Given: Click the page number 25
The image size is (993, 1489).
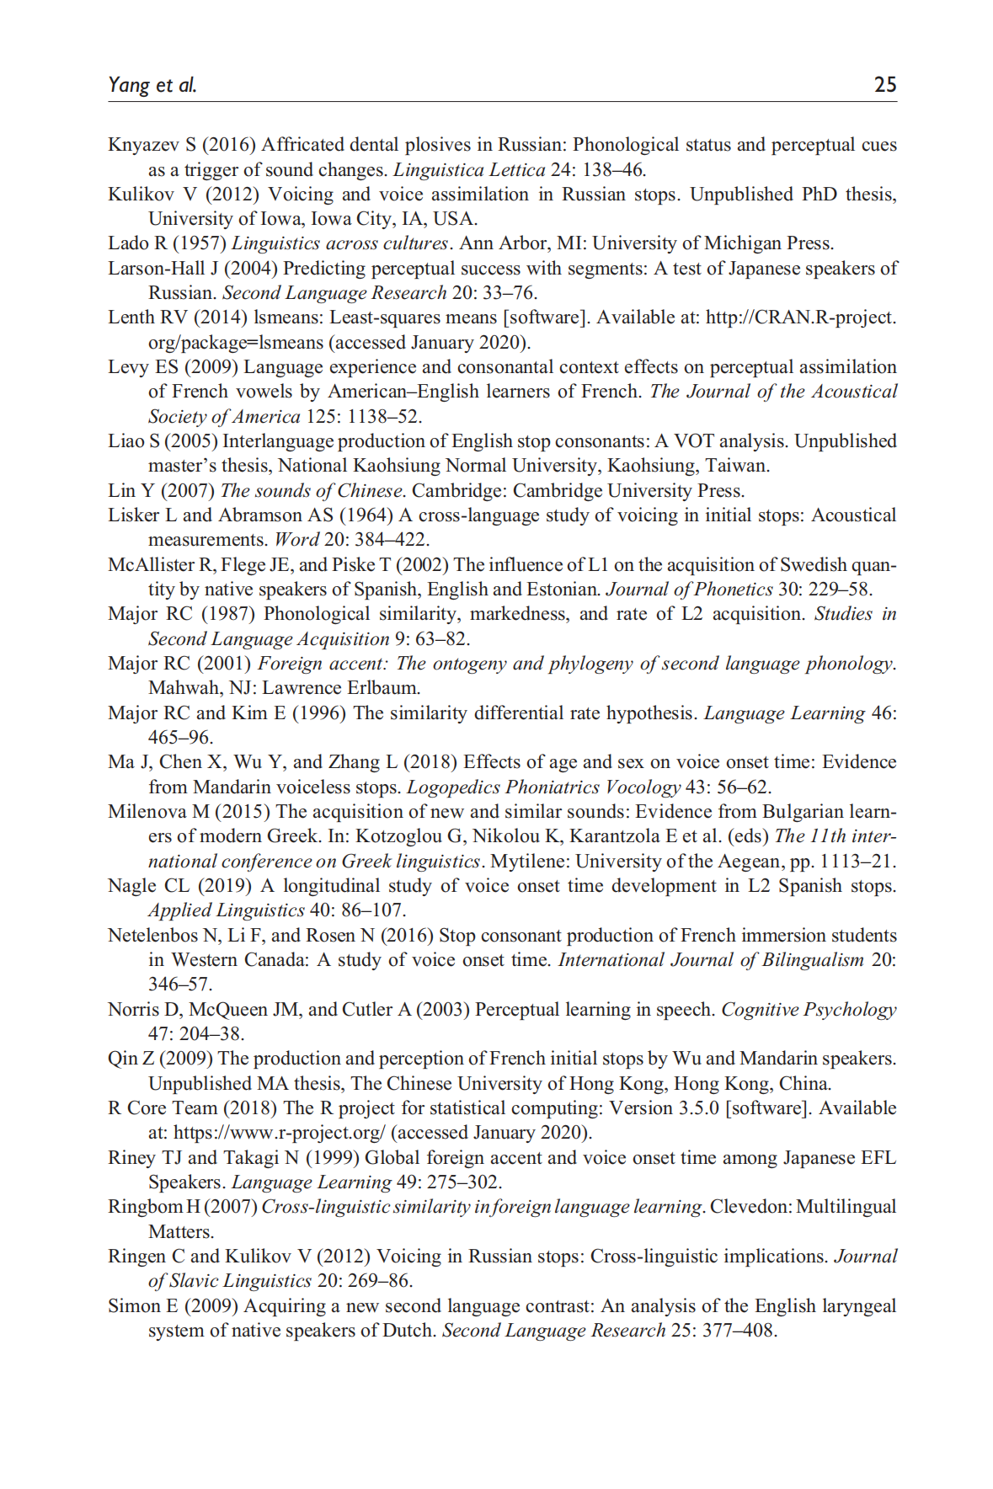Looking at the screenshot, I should click(x=884, y=84).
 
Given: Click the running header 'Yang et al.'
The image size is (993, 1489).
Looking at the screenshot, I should click(x=152, y=84).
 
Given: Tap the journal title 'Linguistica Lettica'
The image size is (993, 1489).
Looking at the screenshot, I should click(x=469, y=170).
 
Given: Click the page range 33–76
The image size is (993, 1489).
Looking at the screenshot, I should click(x=510, y=293).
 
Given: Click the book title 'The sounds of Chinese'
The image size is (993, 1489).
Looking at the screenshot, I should click(x=311, y=491).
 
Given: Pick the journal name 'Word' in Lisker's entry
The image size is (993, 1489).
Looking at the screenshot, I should click(x=296, y=540).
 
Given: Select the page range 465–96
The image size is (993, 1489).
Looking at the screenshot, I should click(x=179, y=738).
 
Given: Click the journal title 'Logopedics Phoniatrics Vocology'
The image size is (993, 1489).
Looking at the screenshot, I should click(x=543, y=787).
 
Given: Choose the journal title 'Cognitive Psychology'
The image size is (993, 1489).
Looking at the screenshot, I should click(x=809, y=1010).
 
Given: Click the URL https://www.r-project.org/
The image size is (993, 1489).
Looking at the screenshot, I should click(x=279, y=1133).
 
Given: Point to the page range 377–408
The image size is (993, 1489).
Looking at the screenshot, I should click(x=739, y=1331).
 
